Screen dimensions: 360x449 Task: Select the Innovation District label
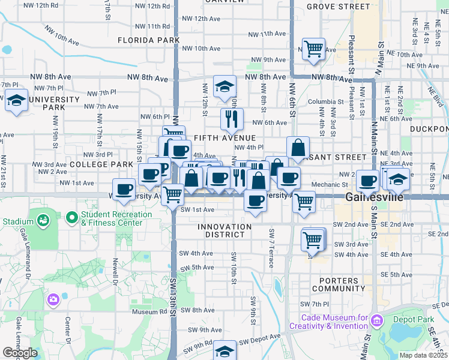[x=224, y=230]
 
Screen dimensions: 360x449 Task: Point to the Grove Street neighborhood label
[x=338, y=7]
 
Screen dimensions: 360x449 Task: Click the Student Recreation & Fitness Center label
[x=112, y=219]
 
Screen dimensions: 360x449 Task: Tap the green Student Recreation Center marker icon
[x=72, y=216]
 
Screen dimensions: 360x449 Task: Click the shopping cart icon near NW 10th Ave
[x=313, y=49]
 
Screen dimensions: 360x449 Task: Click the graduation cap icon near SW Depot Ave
[x=225, y=351]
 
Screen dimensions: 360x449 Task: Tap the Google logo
[x=20, y=353]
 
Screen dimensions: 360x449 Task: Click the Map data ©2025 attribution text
[x=423, y=355]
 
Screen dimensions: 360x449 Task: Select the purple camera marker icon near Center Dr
[x=53, y=299]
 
